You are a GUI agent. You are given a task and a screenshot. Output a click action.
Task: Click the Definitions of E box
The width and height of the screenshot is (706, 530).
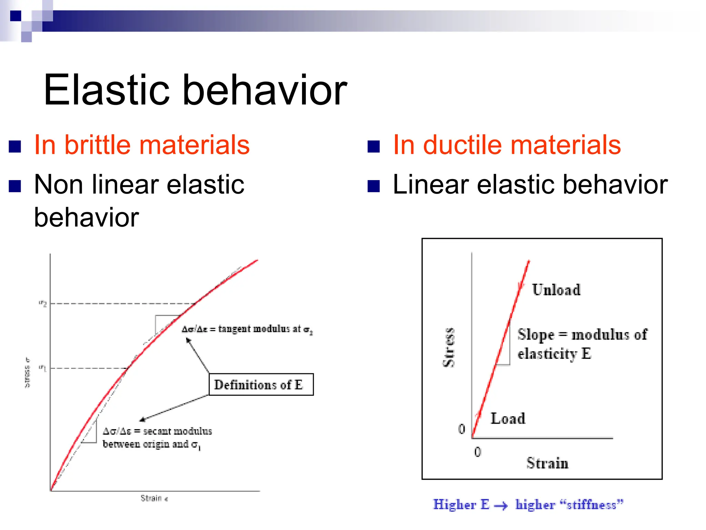(x=261, y=384)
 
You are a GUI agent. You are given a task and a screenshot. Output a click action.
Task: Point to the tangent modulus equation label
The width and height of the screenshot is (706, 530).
(x=247, y=329)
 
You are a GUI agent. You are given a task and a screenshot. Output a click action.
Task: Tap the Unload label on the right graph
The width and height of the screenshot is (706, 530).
(x=556, y=290)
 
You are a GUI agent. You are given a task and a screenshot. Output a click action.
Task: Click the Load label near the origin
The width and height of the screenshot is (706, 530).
(x=508, y=419)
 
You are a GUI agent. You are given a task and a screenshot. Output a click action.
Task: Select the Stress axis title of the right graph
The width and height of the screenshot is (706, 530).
(x=448, y=347)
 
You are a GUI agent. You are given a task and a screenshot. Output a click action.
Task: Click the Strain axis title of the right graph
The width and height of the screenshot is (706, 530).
(x=547, y=463)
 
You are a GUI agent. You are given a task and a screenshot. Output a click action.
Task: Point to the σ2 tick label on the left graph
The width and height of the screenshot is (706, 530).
(x=43, y=304)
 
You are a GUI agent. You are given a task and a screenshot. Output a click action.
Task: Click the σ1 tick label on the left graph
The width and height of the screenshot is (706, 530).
(x=43, y=369)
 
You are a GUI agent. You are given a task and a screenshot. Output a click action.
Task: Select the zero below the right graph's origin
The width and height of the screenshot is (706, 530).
(x=477, y=452)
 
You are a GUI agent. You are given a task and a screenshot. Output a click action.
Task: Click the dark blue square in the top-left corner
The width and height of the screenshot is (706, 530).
(x=16, y=16)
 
